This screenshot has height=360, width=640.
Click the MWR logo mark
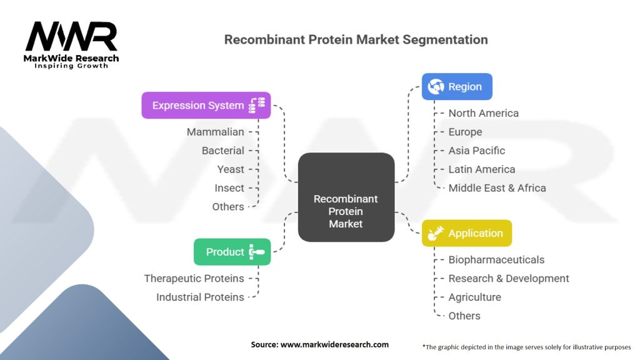pyautogui.click(x=71, y=36)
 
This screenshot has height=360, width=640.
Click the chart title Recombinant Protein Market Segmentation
pyautogui.click(x=356, y=39)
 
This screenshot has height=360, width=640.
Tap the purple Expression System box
pyautogui.click(x=206, y=105)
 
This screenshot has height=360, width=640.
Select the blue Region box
pyautogui.click(x=457, y=86)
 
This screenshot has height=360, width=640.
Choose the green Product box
pyautogui.click(x=232, y=252)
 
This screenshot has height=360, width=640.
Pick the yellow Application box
pyautogui.click(x=466, y=233)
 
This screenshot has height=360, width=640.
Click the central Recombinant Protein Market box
pyautogui.click(x=346, y=197)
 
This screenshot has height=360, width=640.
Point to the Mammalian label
pyautogui.click(x=215, y=132)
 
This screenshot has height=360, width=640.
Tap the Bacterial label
pyautogui.click(x=223, y=151)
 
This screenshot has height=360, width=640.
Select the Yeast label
pyautogui.click(x=231, y=169)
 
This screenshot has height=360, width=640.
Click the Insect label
pyautogui.click(x=229, y=188)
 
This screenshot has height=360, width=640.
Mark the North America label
pyautogui.click(x=484, y=113)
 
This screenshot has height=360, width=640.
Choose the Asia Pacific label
pyautogui.click(x=477, y=151)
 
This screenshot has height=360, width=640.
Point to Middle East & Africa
pyautogui.click(x=497, y=188)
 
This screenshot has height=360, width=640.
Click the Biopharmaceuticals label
pyautogui.click(x=496, y=259)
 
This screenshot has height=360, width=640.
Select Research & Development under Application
pyautogui.click(x=509, y=278)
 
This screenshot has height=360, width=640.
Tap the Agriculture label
pyautogui.click(x=475, y=297)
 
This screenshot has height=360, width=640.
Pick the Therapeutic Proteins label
pyautogui.click(x=194, y=278)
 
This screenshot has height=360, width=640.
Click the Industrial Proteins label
pyautogui.click(x=200, y=297)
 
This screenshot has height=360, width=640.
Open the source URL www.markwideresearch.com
pyautogui.click(x=335, y=344)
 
